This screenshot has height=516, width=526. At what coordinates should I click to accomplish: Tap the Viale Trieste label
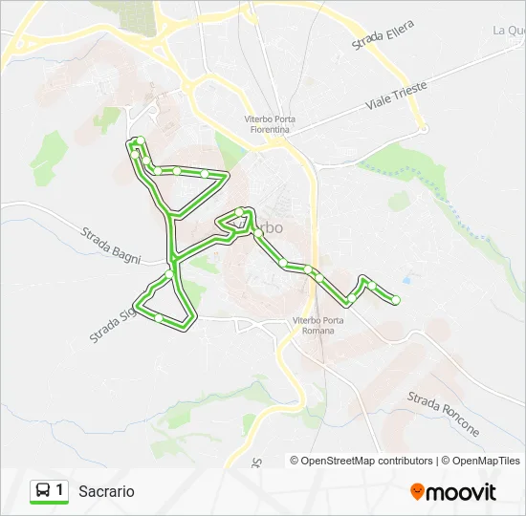(394, 95)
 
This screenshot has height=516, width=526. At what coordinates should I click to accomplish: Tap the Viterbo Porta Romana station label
(314, 325)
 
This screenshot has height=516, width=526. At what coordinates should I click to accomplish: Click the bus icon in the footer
(43, 491)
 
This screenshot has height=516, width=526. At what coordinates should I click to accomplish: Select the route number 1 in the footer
(60, 491)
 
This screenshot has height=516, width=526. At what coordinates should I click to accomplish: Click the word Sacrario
(106, 491)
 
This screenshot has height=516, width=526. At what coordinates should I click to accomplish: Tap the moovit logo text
(462, 492)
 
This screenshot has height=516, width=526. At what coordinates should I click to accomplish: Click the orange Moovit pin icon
(417, 491)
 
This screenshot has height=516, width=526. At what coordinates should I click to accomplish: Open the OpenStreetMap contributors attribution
(367, 461)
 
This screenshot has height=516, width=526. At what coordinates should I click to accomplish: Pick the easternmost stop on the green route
(395, 300)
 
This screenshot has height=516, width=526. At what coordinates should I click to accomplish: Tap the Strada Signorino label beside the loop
(112, 324)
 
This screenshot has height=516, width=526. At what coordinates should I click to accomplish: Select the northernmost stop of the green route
(137, 142)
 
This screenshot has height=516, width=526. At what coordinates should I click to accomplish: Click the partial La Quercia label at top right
(509, 31)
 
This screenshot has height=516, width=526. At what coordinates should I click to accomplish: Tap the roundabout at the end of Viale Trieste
(421, 128)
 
